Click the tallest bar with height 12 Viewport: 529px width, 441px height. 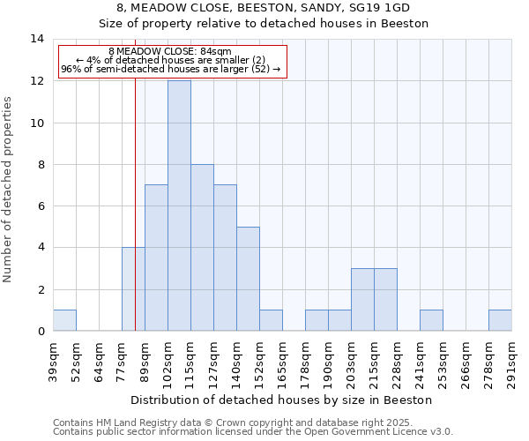pos(179,206)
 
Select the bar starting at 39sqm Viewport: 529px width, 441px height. pos(64,321)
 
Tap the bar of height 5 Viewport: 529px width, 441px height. pos(248,279)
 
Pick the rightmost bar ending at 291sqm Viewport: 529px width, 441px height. pos(500,321)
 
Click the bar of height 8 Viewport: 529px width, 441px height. pos(202,248)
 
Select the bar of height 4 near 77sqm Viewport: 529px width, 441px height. pos(133,289)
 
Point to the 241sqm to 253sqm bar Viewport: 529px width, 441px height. pos(431,321)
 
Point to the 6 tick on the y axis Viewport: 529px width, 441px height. pos(40,206)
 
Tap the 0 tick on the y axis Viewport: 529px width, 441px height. pos(40,332)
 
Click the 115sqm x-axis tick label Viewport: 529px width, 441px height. pos(190,360)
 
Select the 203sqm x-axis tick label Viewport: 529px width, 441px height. pos(351,360)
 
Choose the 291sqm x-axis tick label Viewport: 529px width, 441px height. pos(511,360)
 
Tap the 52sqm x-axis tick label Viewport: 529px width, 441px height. pos(76,360)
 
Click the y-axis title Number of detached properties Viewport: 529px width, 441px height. pos(9,189)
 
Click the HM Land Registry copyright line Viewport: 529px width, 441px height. pos(251,422)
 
